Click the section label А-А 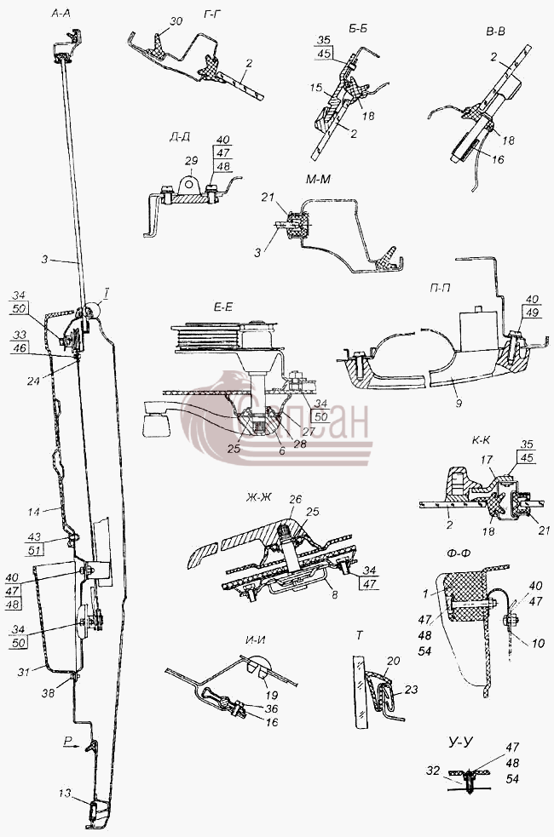coord(61,14)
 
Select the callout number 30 coord(176,21)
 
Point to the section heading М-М coord(319,180)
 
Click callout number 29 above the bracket coord(191,161)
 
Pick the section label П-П coord(440,287)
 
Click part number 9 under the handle coord(459,404)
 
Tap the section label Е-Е coord(224,307)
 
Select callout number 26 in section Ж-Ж coord(295,499)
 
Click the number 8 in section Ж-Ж coord(334,594)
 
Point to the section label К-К coord(482,440)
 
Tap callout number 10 coord(538,643)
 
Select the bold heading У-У coord(459,743)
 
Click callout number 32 coord(433,771)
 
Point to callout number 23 coord(412,689)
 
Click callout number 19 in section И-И coord(271,695)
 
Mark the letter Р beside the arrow coord(67,741)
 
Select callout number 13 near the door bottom coord(65,794)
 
